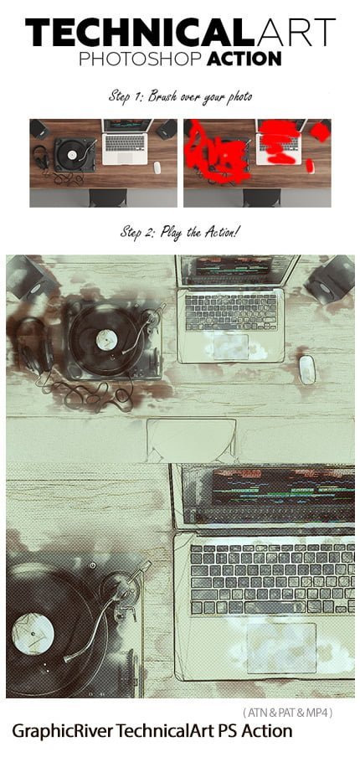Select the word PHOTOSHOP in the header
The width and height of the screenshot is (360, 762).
pyautogui.click(x=141, y=59)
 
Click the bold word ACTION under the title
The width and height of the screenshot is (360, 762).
pyautogui.click(x=244, y=59)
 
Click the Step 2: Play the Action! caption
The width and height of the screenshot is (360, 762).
pyautogui.click(x=180, y=232)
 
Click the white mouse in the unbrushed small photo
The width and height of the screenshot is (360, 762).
pyautogui.click(x=157, y=167)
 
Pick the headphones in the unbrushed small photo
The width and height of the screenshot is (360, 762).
pyautogui.click(x=40, y=157)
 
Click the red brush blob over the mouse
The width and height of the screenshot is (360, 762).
pyautogui.click(x=310, y=167)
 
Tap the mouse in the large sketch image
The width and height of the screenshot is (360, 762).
pyautogui.click(x=306, y=370)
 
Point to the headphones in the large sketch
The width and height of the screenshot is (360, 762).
pyautogui.click(x=34, y=345)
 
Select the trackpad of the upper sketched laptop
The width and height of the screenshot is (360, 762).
pyautogui.click(x=231, y=347)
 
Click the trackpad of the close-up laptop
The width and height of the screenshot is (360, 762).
pyautogui.click(x=281, y=647)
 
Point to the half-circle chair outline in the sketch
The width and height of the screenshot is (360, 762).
pyautogui.click(x=192, y=440)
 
